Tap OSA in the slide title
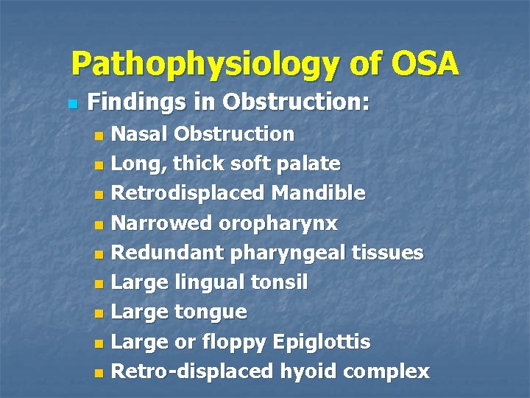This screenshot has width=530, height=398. coord(425,64)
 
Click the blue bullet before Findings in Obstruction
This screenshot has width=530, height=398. coord(71,102)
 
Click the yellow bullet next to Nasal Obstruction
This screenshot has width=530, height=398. coord(100,136)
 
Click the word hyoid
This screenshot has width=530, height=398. coord(305,371)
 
